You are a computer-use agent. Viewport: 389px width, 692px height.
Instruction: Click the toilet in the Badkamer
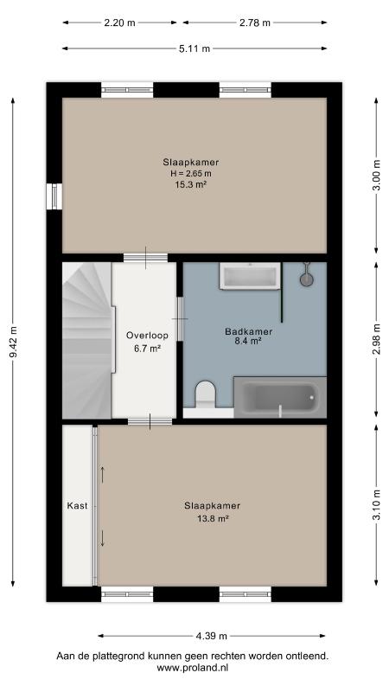[206, 394]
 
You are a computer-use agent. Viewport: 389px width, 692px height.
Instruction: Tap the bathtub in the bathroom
[279, 397]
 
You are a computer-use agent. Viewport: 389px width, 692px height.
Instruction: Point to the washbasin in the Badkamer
[250, 276]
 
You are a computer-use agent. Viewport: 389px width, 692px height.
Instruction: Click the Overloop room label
[147, 336]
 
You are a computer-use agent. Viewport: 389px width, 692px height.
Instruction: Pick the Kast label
[77, 506]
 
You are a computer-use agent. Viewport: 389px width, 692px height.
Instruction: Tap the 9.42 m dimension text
[14, 343]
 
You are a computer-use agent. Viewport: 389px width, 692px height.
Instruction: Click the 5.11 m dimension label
[194, 48]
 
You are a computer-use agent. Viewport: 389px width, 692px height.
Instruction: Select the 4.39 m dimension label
[211, 636]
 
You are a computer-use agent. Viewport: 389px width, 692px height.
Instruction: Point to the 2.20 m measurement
[119, 23]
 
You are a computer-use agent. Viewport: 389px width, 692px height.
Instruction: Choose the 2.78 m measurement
[254, 23]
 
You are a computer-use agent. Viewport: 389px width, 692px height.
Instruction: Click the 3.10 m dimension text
[376, 505]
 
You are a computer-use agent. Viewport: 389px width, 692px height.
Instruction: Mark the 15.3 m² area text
[191, 185]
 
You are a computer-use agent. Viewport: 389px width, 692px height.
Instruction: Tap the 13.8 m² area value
[213, 519]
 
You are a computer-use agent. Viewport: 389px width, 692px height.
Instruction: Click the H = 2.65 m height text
[191, 174]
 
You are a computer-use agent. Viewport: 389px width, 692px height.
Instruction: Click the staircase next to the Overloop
[87, 340]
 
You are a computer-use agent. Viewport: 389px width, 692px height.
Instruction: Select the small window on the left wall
[54, 196]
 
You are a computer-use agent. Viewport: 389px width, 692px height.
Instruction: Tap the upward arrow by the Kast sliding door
[102, 475]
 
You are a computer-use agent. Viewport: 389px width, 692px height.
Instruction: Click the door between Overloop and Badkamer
[180, 318]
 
